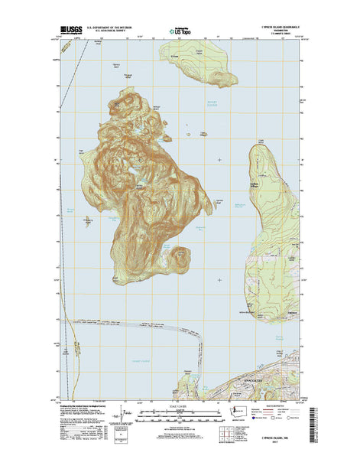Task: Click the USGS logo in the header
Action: pos(70,33)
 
